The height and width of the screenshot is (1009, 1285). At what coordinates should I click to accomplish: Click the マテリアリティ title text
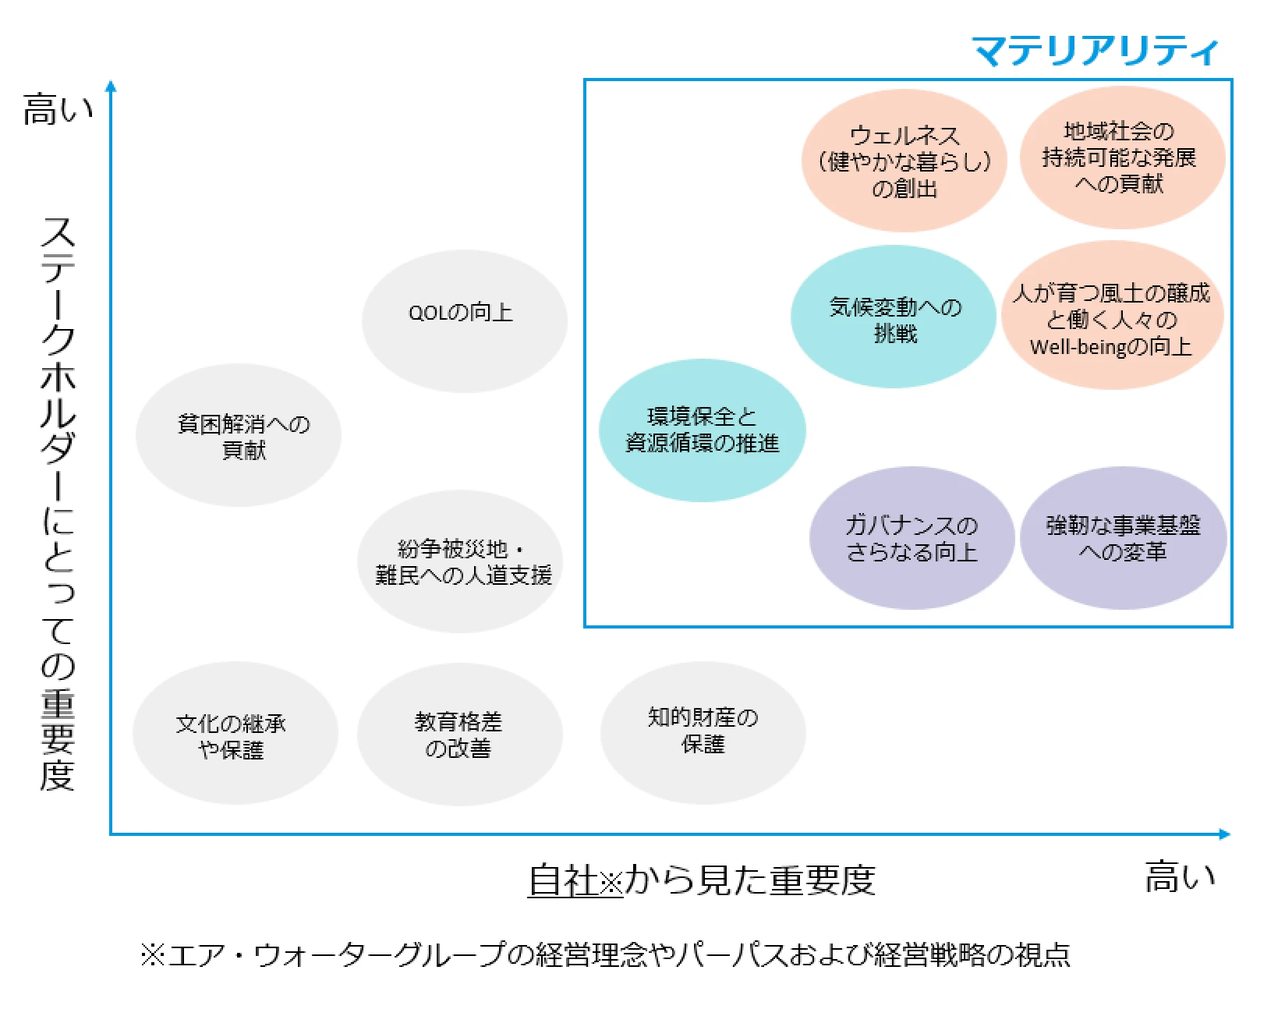coord(1094,51)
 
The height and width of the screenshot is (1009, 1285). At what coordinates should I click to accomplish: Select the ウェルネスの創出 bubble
coord(904,161)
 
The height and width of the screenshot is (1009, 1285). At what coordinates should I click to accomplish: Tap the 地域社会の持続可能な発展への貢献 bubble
coord(1120,158)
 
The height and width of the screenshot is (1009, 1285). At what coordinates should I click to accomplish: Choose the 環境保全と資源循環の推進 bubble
coord(702,430)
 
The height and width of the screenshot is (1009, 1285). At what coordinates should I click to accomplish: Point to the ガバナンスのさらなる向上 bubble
coord(912,538)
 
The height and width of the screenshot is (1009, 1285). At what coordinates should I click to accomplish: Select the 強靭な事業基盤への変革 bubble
coord(1123,538)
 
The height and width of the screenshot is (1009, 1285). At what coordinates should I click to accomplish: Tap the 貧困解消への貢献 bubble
coord(239,435)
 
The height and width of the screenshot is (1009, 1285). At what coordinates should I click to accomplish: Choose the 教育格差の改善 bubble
coord(459,735)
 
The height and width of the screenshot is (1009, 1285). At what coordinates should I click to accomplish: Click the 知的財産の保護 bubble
coord(703,731)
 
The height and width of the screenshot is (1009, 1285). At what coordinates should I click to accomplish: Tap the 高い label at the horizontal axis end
coord(1179,877)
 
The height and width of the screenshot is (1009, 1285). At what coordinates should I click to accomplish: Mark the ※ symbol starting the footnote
coord(152,954)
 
